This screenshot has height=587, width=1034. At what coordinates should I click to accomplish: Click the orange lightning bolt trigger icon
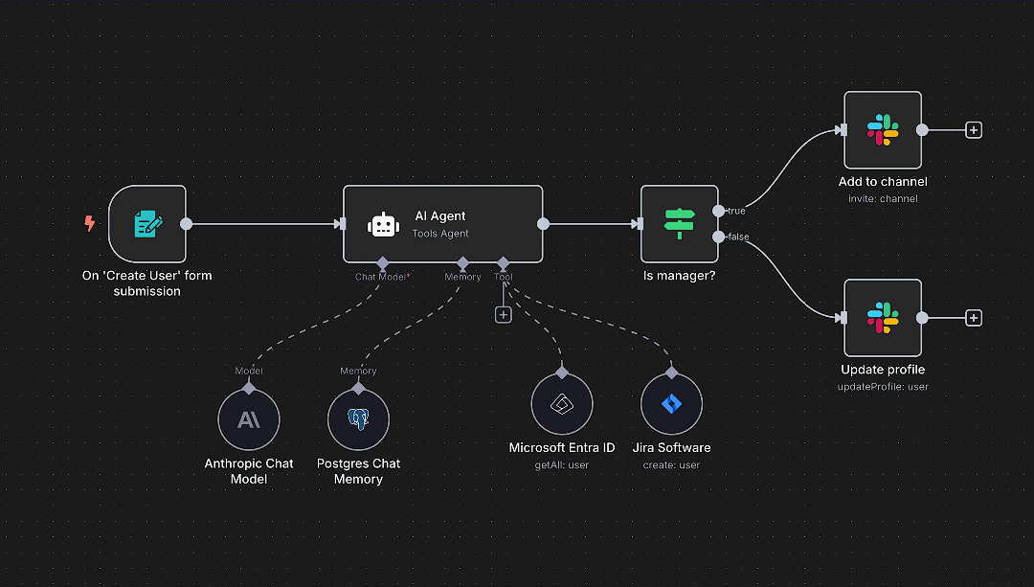[x=90, y=224]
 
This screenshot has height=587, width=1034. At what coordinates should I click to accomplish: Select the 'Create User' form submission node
[x=147, y=224]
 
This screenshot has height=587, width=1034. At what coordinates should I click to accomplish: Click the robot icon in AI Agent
[x=383, y=224]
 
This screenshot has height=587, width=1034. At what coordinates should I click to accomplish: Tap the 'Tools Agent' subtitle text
[x=440, y=234]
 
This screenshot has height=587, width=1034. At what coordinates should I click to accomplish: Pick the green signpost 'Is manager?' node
[x=679, y=224]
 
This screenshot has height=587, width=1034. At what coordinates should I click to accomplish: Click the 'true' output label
[x=736, y=211]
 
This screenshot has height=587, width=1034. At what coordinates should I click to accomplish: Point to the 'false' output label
[x=738, y=237]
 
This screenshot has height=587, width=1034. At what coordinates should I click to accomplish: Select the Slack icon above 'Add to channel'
[x=882, y=130]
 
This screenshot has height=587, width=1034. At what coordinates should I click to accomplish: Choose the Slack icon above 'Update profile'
[x=882, y=318]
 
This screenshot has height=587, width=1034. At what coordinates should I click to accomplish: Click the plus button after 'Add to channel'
[x=974, y=130]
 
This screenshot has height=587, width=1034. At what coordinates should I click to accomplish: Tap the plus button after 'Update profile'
[x=974, y=318]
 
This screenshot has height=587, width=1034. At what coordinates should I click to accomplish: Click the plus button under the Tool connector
[x=504, y=314]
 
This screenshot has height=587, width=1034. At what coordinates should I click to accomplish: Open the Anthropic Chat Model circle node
[x=249, y=419]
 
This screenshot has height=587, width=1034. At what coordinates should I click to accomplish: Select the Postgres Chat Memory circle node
[x=358, y=419]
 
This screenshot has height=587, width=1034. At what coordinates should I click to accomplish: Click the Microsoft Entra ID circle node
[x=562, y=404]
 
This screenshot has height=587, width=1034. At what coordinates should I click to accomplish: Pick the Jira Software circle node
[x=671, y=404]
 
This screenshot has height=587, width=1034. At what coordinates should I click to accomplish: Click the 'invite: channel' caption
[x=883, y=199]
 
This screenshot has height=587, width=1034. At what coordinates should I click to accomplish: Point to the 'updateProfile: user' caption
[x=883, y=387]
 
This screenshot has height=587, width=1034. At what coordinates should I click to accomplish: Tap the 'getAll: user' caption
[x=562, y=465]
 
